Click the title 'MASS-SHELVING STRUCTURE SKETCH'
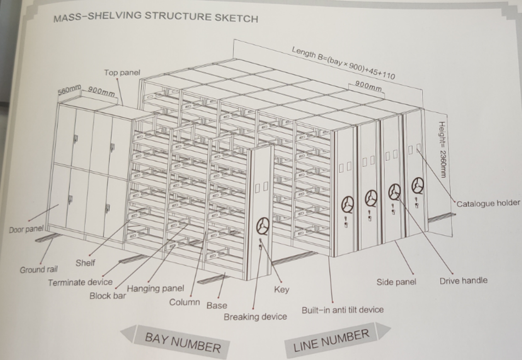pyautogui.click(x=155, y=17)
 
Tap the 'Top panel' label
pyautogui.click(x=122, y=73)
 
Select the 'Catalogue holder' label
pyautogui.click(x=488, y=203)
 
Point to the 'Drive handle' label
pyautogui.click(x=463, y=281)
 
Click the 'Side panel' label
pyautogui.click(x=396, y=282)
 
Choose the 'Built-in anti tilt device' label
pyautogui.click(x=342, y=310)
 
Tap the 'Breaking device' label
pyautogui.click(x=255, y=317)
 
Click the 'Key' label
pyautogui.click(x=281, y=290)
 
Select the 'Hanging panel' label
pyautogui.click(x=155, y=289)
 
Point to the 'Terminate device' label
pyautogui.click(x=80, y=282)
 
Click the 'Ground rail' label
pyautogui.click(x=39, y=270)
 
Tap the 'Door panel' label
pyautogui.click(x=26, y=229)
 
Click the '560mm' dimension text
pyautogui.click(x=69, y=91)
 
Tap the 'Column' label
pyautogui.click(x=184, y=302)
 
